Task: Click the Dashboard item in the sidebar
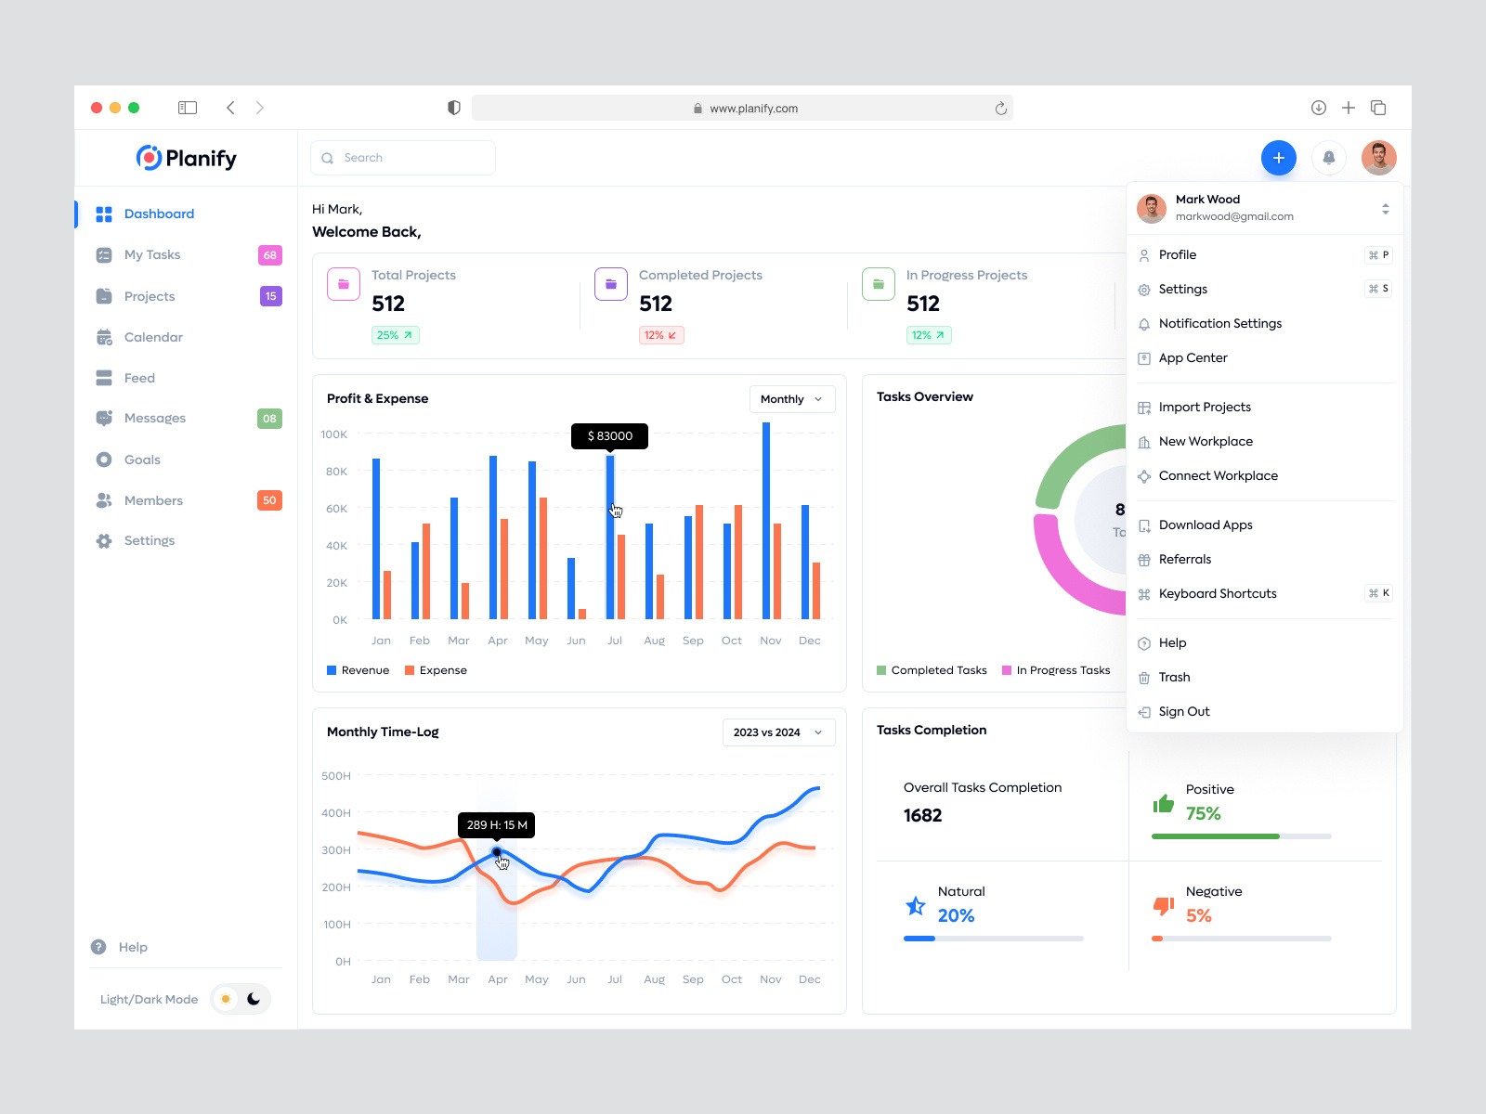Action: click(x=158, y=214)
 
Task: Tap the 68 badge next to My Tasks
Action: click(x=269, y=255)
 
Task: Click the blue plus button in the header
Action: click(x=1278, y=158)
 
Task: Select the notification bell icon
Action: click(x=1328, y=158)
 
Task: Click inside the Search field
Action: click(x=409, y=158)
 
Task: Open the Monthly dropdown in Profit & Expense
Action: click(x=791, y=399)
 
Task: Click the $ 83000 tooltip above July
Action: click(x=609, y=436)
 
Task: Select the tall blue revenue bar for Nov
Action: click(x=766, y=520)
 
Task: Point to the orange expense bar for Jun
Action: click(x=582, y=614)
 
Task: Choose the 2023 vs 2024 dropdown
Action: click(x=778, y=732)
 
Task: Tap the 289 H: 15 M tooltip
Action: click(x=497, y=825)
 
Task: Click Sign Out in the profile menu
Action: click(x=1183, y=712)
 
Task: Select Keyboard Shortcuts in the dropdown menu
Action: click(x=1217, y=594)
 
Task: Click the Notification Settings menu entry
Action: click(x=1219, y=324)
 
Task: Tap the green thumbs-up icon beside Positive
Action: click(x=1163, y=803)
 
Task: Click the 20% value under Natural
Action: click(x=956, y=916)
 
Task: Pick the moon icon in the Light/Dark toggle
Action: click(x=254, y=999)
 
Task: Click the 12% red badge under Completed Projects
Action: click(x=660, y=335)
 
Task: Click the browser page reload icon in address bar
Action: click(x=1000, y=109)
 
